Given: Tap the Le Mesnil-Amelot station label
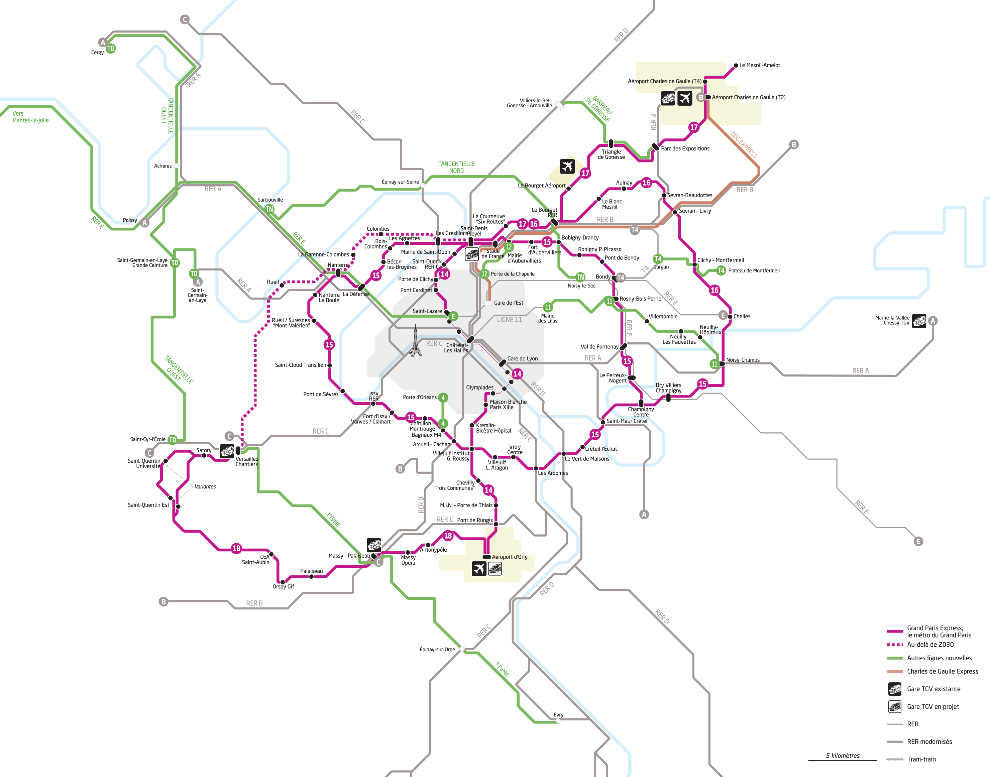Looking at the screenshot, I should point(759,66).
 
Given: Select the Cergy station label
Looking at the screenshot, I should point(97,52).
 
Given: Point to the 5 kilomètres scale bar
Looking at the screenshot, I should point(842,759).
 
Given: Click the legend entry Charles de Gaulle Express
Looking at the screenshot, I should point(942,671).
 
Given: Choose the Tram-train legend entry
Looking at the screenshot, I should point(921,759).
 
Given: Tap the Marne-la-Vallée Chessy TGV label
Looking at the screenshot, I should point(892,320).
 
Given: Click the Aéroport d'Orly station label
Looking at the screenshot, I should point(510,557).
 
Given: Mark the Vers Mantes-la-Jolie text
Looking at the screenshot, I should point(30,117).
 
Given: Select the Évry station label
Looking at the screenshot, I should point(558,715).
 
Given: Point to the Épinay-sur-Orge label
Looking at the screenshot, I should point(437,649).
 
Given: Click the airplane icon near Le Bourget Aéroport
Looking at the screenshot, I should point(567,166).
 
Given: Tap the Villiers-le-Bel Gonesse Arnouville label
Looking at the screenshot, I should point(530,103).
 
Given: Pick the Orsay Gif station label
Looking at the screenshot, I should point(283,586).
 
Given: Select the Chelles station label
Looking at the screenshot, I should point(742,316).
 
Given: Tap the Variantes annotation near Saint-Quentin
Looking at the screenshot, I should point(205,486).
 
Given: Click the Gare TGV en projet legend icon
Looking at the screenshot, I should point(894,706).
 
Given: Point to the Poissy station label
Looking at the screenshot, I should point(130,220).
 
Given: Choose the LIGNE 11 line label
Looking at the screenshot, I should point(509,320).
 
